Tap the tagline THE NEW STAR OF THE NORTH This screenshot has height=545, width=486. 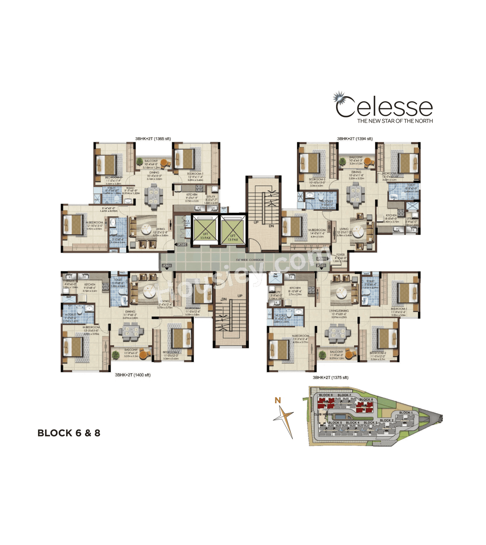coord(395,121)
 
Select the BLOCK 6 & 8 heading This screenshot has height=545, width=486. coord(69,433)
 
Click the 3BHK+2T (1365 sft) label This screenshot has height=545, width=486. coord(153,139)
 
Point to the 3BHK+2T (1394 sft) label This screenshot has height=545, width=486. coord(355,139)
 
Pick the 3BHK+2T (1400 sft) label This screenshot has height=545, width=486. coord(133,375)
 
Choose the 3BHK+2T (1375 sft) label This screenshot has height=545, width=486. coord(330,377)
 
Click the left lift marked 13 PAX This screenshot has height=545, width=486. coord(205,230)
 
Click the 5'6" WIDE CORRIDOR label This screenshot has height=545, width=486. coord(249,260)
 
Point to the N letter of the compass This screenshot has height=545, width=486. coord(278,400)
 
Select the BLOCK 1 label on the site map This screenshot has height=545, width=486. coord(406,413)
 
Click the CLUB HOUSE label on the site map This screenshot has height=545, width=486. coord(323,414)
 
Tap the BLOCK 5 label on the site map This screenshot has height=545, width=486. coord(335,423)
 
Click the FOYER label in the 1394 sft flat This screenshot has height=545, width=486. coord(340,255)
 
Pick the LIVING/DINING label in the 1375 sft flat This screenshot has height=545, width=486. coord(339,311)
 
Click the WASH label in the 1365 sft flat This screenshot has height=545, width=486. coord(130,188)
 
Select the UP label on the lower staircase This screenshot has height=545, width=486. coord(240,296)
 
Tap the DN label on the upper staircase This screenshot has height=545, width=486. coord(271,226)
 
